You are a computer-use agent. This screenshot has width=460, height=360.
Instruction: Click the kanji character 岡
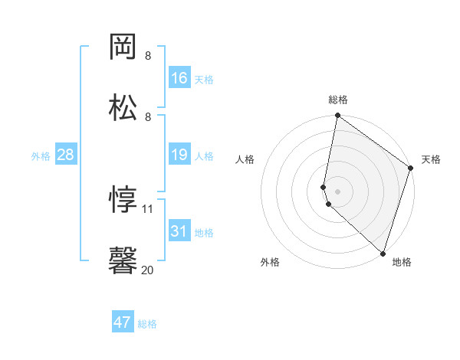[123, 47]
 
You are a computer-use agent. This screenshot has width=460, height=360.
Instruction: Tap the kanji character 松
[123, 107]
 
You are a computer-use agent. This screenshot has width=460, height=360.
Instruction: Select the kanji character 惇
[123, 199]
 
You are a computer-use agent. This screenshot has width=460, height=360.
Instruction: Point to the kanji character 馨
[123, 260]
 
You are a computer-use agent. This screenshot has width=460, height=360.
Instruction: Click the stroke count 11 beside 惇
[147, 209]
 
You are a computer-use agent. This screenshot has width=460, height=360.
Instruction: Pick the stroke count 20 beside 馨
[147, 270]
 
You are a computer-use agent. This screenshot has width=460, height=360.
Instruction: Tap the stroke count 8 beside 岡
[148, 56]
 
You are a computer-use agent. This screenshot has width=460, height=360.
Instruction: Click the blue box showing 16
[179, 77]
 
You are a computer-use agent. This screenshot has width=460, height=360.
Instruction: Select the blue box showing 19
[179, 154]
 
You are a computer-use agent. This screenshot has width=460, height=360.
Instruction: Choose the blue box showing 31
[179, 230]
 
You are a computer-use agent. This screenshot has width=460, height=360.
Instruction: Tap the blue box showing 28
[66, 154]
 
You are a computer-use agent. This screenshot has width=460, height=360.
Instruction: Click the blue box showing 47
[123, 321]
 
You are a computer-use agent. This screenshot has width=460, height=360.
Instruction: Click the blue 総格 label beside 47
[147, 324]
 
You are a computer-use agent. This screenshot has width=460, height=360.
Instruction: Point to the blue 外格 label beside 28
[41, 156]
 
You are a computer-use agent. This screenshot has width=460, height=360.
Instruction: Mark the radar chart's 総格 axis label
[338, 100]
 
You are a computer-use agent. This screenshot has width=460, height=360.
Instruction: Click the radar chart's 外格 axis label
[270, 262]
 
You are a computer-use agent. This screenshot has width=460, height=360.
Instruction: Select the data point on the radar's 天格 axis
[410, 168]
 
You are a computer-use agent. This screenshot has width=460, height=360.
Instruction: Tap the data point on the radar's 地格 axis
[383, 254]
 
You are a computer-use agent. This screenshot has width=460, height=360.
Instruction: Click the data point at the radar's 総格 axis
[337, 115]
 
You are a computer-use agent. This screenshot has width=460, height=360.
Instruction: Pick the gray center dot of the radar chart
[337, 191]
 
